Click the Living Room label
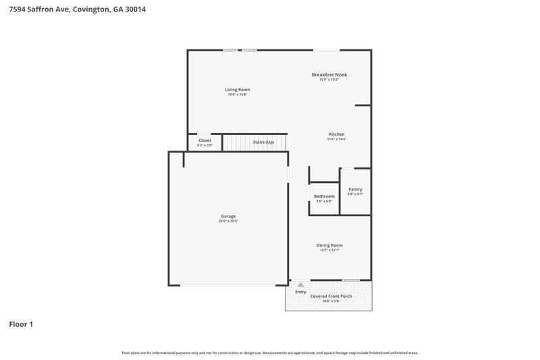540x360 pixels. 237,89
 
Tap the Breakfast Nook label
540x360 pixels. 329,74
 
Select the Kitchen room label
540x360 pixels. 337,134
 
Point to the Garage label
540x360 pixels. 228,216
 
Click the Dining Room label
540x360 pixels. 329,245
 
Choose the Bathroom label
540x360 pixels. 324,196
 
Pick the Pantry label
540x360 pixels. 355,189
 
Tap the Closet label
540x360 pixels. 205,140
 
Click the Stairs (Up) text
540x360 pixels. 263,143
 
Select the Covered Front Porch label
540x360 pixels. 331,296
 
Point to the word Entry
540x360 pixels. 301,292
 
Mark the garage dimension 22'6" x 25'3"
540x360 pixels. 228,221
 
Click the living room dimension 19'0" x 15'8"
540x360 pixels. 237,95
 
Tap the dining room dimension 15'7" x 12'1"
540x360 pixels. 329,251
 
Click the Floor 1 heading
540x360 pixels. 20,324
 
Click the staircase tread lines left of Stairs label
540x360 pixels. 236,143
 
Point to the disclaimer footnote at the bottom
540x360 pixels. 269,353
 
